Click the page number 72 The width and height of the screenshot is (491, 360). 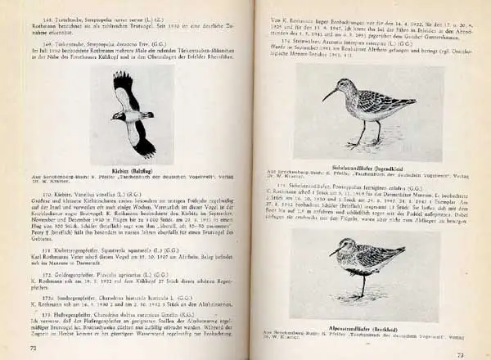tap(34, 348)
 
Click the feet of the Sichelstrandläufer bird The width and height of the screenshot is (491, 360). tap(358, 145)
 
